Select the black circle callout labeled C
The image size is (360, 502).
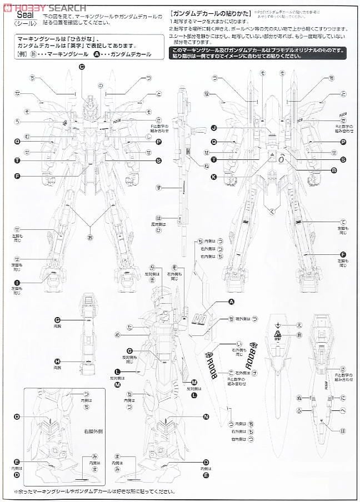(82, 67)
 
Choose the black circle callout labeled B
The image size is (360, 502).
(334, 170)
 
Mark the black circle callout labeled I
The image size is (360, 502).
(17, 283)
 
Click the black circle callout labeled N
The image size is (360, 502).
(206, 416)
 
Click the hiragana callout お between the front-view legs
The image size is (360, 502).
(91, 238)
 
